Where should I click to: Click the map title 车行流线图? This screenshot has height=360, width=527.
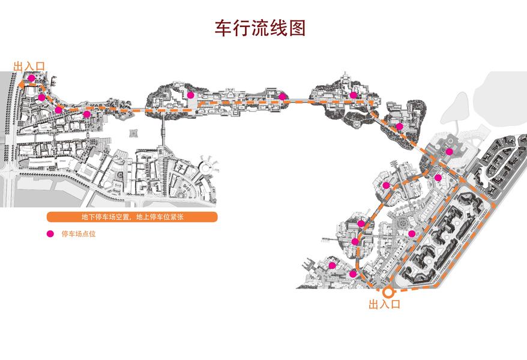260,28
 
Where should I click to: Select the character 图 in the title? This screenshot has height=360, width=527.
297,28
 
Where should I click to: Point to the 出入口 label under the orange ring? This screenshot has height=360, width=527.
384,305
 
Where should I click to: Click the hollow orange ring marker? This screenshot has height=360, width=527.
388,292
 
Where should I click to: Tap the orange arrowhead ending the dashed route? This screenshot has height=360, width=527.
20,86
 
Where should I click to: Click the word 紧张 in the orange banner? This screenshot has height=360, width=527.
175,217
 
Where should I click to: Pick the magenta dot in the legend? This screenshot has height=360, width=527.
50,234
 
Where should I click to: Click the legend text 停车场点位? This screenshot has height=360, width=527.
79,235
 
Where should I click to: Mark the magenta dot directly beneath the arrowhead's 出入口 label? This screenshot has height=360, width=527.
31,78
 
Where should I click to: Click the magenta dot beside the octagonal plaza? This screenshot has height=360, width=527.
412,233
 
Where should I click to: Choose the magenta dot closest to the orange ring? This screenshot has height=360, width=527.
354,274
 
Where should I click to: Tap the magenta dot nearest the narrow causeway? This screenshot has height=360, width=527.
190,95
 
